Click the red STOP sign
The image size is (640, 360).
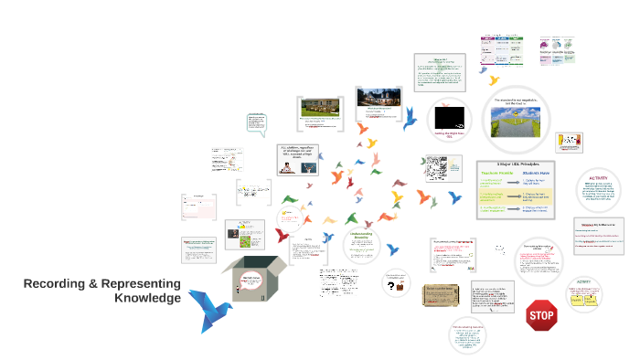[542, 316]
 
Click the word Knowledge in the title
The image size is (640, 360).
[147, 299]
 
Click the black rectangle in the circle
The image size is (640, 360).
[450, 117]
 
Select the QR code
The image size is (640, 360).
[435, 167]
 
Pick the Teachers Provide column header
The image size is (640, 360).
[497, 176]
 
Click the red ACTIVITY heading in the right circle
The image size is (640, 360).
[598, 179]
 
